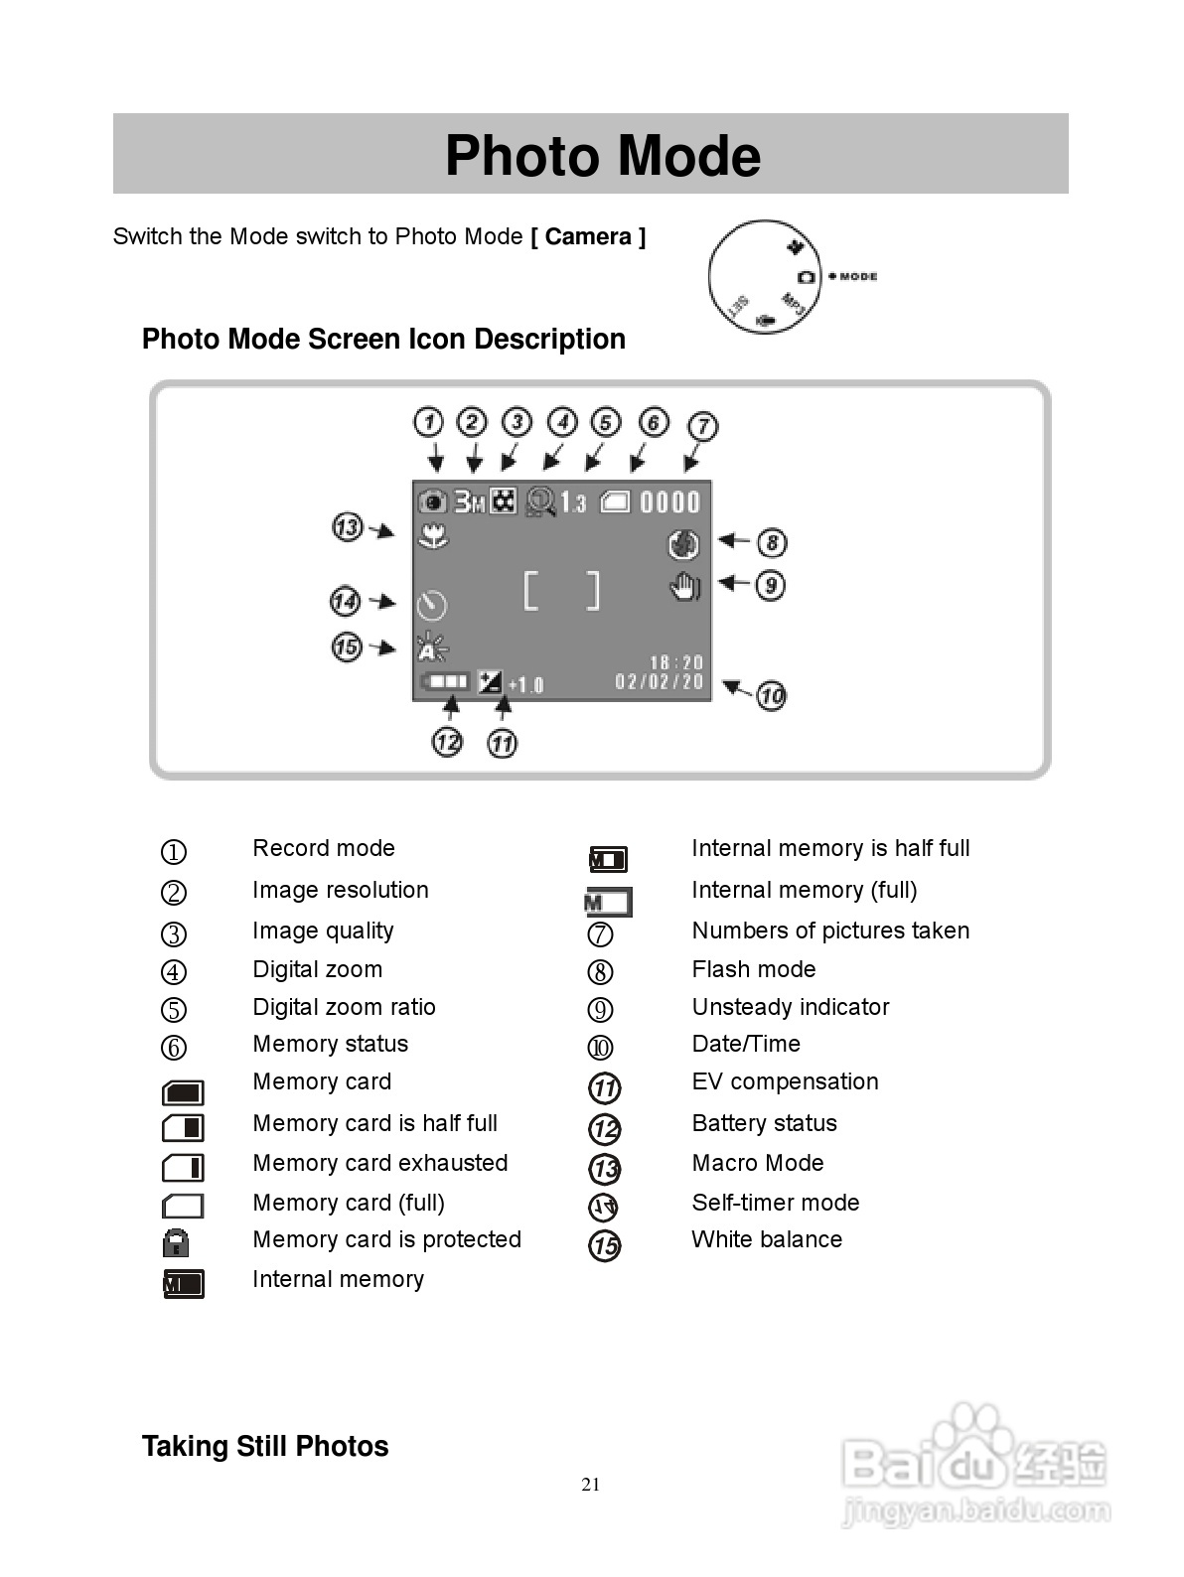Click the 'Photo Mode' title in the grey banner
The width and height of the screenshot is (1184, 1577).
602,156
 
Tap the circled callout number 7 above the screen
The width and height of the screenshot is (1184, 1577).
702,426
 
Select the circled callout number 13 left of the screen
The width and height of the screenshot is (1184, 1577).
347,526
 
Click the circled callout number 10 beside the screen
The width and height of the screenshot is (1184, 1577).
772,695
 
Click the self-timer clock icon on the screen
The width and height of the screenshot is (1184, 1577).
432,604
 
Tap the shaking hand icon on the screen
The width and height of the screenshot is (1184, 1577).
684,587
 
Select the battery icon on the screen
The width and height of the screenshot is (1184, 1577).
444,682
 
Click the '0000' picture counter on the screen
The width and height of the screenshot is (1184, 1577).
669,502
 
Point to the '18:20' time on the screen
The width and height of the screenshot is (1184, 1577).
676,662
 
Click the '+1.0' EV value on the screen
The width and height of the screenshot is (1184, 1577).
525,685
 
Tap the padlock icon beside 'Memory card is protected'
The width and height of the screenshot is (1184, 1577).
176,1242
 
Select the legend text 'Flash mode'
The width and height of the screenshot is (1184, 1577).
754,969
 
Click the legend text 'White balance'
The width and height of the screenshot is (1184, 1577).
767,1239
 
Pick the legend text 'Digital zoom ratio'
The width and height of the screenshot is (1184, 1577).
344,1007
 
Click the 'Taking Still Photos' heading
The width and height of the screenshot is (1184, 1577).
265,1446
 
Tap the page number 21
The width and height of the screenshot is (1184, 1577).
591,1485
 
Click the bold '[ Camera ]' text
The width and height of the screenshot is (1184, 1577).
588,236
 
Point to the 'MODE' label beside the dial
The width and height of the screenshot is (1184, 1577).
858,276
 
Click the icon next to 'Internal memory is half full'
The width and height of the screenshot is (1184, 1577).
608,859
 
